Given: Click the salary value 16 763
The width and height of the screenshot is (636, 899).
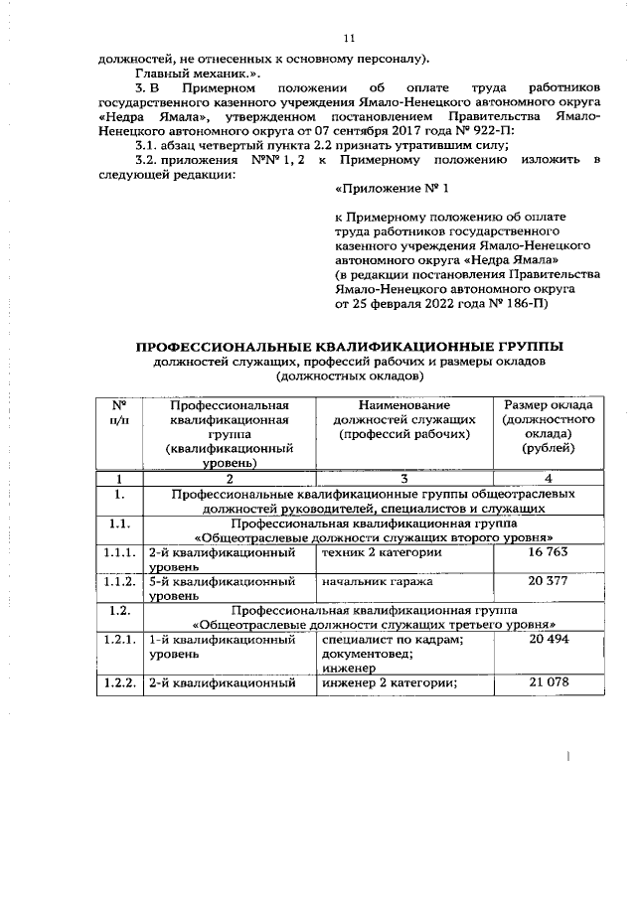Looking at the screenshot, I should tap(549, 550).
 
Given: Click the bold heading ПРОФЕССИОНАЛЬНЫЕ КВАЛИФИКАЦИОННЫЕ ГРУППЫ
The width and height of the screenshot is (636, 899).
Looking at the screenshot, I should tap(348, 347).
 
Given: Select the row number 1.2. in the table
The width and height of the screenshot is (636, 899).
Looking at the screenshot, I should tap(119, 611).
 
